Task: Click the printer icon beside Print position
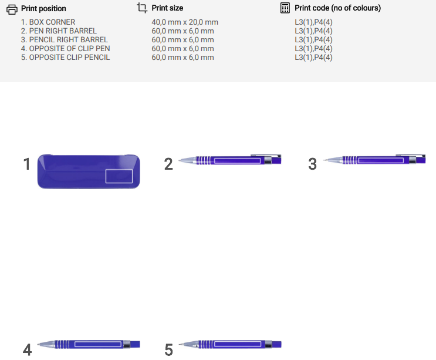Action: tap(12, 9)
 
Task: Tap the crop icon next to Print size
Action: tap(142, 8)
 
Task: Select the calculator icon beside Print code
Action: tap(285, 8)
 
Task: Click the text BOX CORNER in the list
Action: tap(52, 22)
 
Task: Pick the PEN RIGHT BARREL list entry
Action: tap(59, 31)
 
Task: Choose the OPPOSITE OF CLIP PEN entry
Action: tap(65, 48)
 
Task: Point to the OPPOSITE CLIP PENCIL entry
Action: tap(65, 58)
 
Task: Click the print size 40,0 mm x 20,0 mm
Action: tap(185, 22)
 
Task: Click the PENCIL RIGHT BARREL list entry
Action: tap(64, 40)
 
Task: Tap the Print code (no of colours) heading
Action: tap(337, 8)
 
